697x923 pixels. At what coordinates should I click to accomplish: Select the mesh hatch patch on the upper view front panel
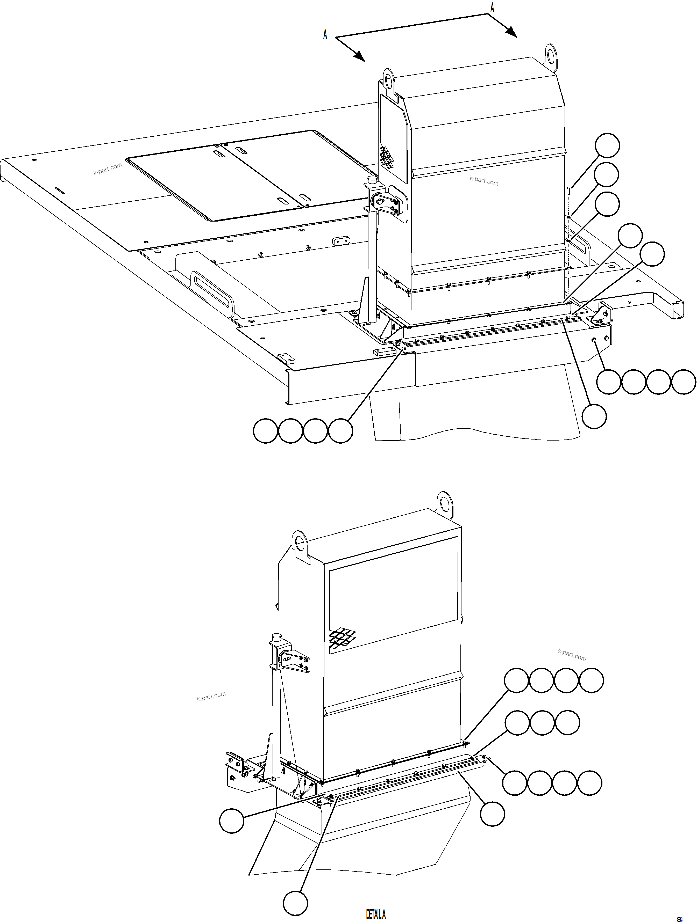pyautogui.click(x=387, y=157)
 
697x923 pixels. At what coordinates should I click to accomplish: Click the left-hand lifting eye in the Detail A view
pyautogui.click(x=300, y=542)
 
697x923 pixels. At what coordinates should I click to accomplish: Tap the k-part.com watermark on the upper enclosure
pyautogui.click(x=483, y=181)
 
